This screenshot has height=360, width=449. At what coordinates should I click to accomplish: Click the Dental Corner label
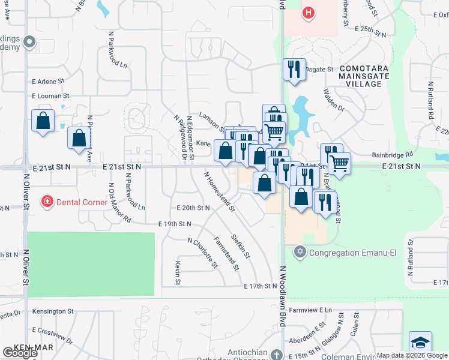82,202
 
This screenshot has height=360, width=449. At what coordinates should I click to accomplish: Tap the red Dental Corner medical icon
46,202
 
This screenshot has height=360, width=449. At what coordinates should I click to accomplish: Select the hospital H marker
308,12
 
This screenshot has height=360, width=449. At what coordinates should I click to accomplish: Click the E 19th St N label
175,224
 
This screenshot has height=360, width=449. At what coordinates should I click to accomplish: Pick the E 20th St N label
193,208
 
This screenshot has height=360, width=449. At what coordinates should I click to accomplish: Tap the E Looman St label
51,95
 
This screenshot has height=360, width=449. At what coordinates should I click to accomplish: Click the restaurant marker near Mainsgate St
294,69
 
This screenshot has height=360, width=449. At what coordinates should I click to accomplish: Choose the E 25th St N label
372,29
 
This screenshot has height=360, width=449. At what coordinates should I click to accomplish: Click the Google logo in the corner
20,353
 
